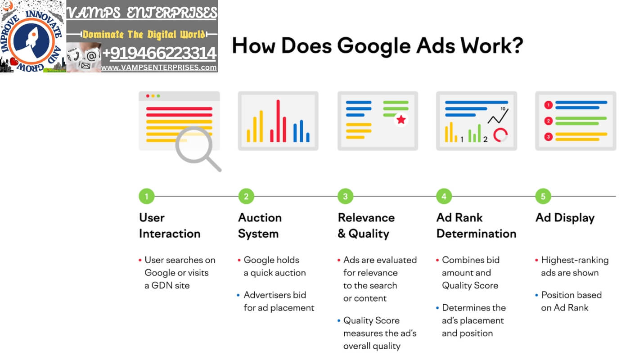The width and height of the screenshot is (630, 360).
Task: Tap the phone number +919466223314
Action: [159, 53]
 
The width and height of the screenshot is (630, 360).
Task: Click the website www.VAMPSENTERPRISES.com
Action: [159, 67]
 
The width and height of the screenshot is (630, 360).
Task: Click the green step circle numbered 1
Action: [147, 196]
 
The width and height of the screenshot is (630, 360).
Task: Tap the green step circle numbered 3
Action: [346, 196]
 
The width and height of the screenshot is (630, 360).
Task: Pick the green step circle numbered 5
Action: [543, 196]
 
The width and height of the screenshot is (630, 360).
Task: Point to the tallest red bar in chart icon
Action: [278, 121]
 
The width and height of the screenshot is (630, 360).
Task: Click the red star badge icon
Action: [401, 120]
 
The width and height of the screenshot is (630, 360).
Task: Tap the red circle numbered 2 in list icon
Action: [548, 121]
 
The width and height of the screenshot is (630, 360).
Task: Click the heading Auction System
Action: [260, 225]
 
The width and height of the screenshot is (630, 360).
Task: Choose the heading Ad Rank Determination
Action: [476, 225]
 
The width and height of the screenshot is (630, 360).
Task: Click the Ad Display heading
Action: [565, 218]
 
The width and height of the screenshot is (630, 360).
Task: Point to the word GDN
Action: [162, 285]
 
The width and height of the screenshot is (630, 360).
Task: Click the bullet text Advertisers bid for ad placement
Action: [279, 301]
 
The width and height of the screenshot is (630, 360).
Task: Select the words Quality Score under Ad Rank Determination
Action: [470, 286]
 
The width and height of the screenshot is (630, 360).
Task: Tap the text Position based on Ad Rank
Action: [571, 301]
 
